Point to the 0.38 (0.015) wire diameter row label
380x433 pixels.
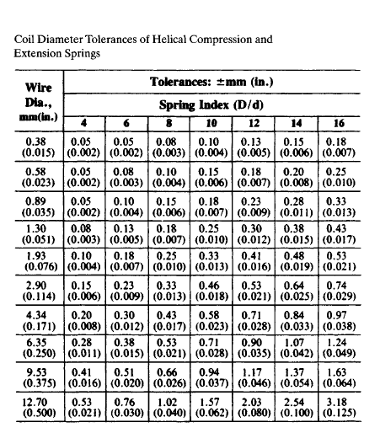pos(36,147)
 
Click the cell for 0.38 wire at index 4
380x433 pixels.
pos(82,147)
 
